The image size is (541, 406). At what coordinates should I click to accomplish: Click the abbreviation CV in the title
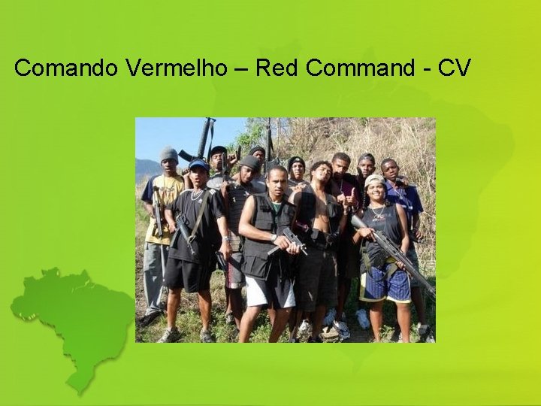454,68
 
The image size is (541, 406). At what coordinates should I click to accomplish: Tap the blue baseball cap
198,165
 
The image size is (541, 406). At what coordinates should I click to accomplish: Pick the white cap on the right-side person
374,180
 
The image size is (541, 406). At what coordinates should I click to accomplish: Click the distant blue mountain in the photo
147,170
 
